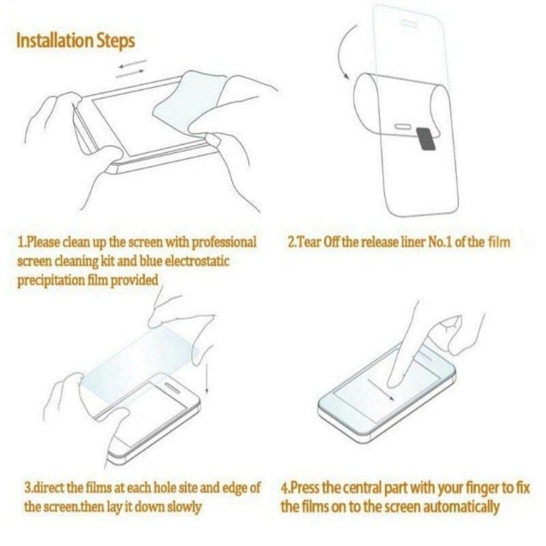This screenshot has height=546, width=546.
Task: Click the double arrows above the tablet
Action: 132,68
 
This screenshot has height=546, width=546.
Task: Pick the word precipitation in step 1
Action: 49,280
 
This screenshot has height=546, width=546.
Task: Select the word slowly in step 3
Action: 183,506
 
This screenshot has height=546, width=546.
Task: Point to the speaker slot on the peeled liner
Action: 402,126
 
